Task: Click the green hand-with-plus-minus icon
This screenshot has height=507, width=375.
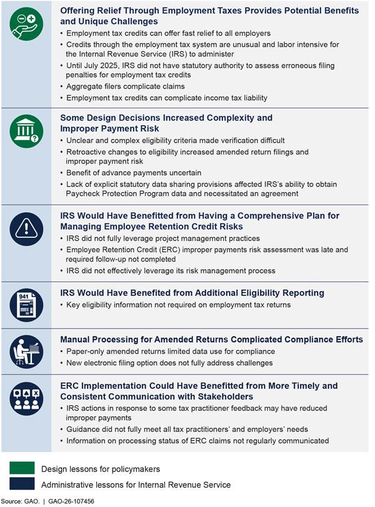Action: point(26,27)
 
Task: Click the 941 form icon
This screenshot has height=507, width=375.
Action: point(26,304)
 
